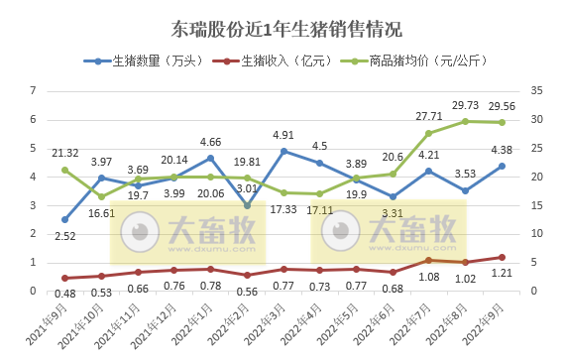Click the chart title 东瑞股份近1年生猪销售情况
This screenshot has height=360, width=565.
click(x=282, y=27)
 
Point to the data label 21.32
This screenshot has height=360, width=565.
click(x=63, y=153)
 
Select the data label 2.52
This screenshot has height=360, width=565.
click(x=63, y=236)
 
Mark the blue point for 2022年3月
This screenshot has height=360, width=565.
click(x=284, y=151)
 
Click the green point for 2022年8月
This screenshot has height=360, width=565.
click(x=466, y=121)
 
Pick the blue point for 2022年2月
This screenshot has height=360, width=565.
click(x=248, y=205)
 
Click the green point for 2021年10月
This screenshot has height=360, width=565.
click(x=101, y=196)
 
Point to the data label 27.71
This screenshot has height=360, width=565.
click(x=429, y=117)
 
